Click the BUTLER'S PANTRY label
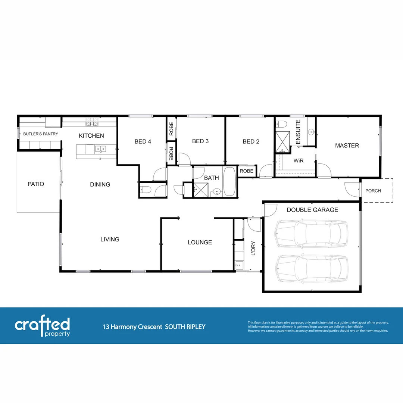point(41,134)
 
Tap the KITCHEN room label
point(91,135)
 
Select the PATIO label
point(36,184)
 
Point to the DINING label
point(100,184)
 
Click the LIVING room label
point(110,239)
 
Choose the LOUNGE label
point(200,242)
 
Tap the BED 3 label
point(200,141)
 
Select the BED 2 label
point(251,141)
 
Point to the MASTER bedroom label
point(347,146)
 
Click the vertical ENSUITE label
point(298,132)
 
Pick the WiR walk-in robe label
point(298,161)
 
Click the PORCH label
point(373,191)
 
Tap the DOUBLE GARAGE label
point(312,210)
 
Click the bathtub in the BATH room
point(229,182)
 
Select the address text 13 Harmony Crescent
point(132,327)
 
